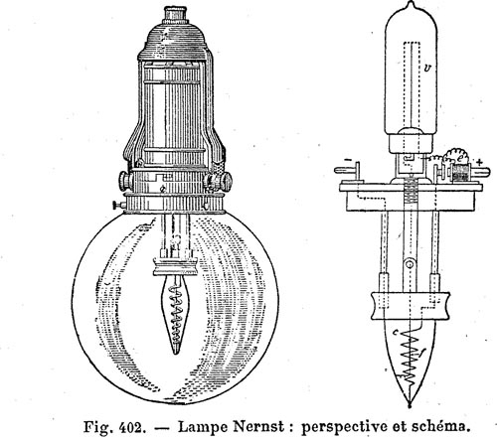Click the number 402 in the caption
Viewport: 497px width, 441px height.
(132, 427)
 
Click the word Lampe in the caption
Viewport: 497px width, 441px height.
(203, 427)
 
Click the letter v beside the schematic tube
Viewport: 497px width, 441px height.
(427, 69)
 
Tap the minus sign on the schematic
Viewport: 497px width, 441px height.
(348, 160)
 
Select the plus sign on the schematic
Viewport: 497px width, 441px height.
(479, 162)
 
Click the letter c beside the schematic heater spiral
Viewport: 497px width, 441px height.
(396, 333)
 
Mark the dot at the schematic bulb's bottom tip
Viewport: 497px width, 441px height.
(410, 403)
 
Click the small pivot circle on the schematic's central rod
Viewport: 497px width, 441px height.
(410, 264)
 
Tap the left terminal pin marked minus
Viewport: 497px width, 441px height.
(347, 170)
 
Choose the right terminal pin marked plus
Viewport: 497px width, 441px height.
(480, 172)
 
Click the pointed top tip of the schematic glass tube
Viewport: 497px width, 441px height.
(411, 2)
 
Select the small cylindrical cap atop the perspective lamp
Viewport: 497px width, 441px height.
(174, 14)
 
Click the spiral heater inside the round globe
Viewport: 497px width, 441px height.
(176, 315)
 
